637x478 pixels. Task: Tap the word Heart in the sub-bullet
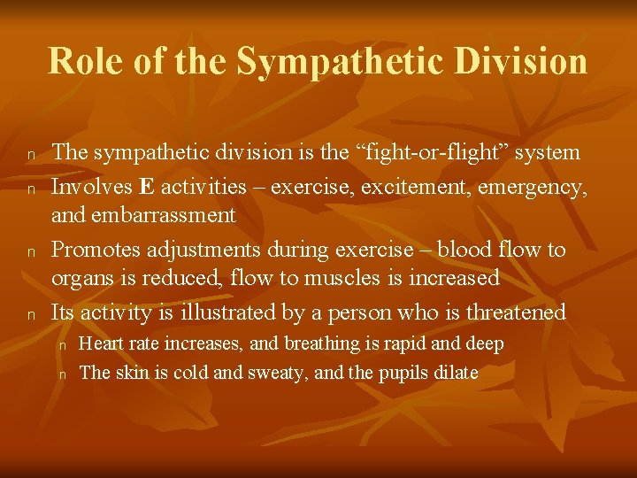(99, 343)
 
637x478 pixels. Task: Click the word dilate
(456, 373)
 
